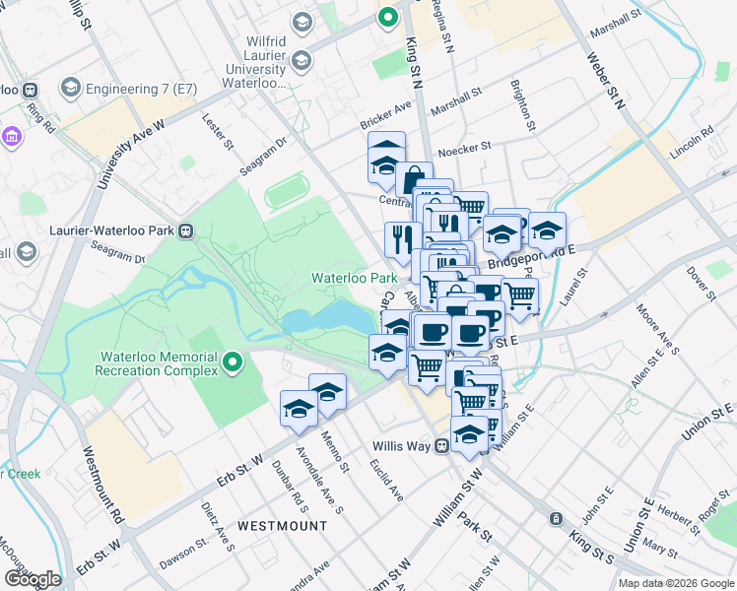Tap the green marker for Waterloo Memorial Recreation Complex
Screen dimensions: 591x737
coord(233,363)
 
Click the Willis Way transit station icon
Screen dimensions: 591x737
coord(443,446)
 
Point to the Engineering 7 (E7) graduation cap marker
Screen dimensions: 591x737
coord(70,89)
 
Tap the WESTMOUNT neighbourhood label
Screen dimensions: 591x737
coord(281,526)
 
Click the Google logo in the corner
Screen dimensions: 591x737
coord(33,579)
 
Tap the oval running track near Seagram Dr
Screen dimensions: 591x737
coord(286,189)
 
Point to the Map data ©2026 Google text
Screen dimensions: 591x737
coord(676,583)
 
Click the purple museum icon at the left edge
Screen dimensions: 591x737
coord(11,135)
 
